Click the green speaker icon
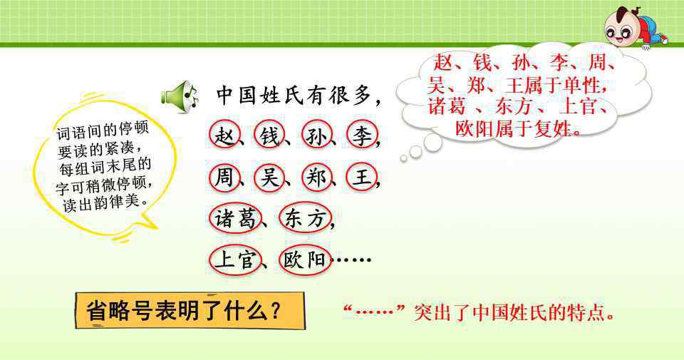(180, 97)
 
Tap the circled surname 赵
(224, 135)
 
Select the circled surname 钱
(269, 135)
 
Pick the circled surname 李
(362, 135)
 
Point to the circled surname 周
(224, 178)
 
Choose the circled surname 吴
(269, 178)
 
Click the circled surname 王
(362, 178)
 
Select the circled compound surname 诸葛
(235, 217)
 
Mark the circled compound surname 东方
(306, 217)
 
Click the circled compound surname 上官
(235, 260)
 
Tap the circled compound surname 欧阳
(306, 260)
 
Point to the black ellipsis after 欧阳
(351, 259)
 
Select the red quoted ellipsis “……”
(375, 311)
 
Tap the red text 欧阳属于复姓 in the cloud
(512, 128)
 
